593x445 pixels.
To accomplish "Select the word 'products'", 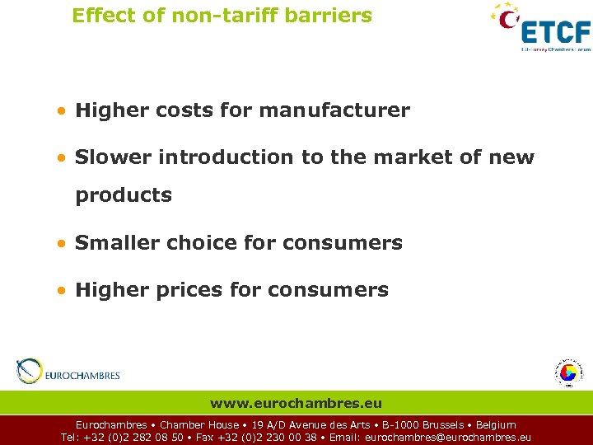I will point(124,195).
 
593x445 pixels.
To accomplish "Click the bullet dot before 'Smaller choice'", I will point(63,244).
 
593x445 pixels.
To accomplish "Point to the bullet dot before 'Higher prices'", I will point(63,291).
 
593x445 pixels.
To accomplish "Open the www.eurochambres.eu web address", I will point(296,403).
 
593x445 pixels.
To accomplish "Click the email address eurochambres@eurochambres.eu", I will point(448,438).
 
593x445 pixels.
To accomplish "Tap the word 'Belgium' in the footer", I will point(496,425).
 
